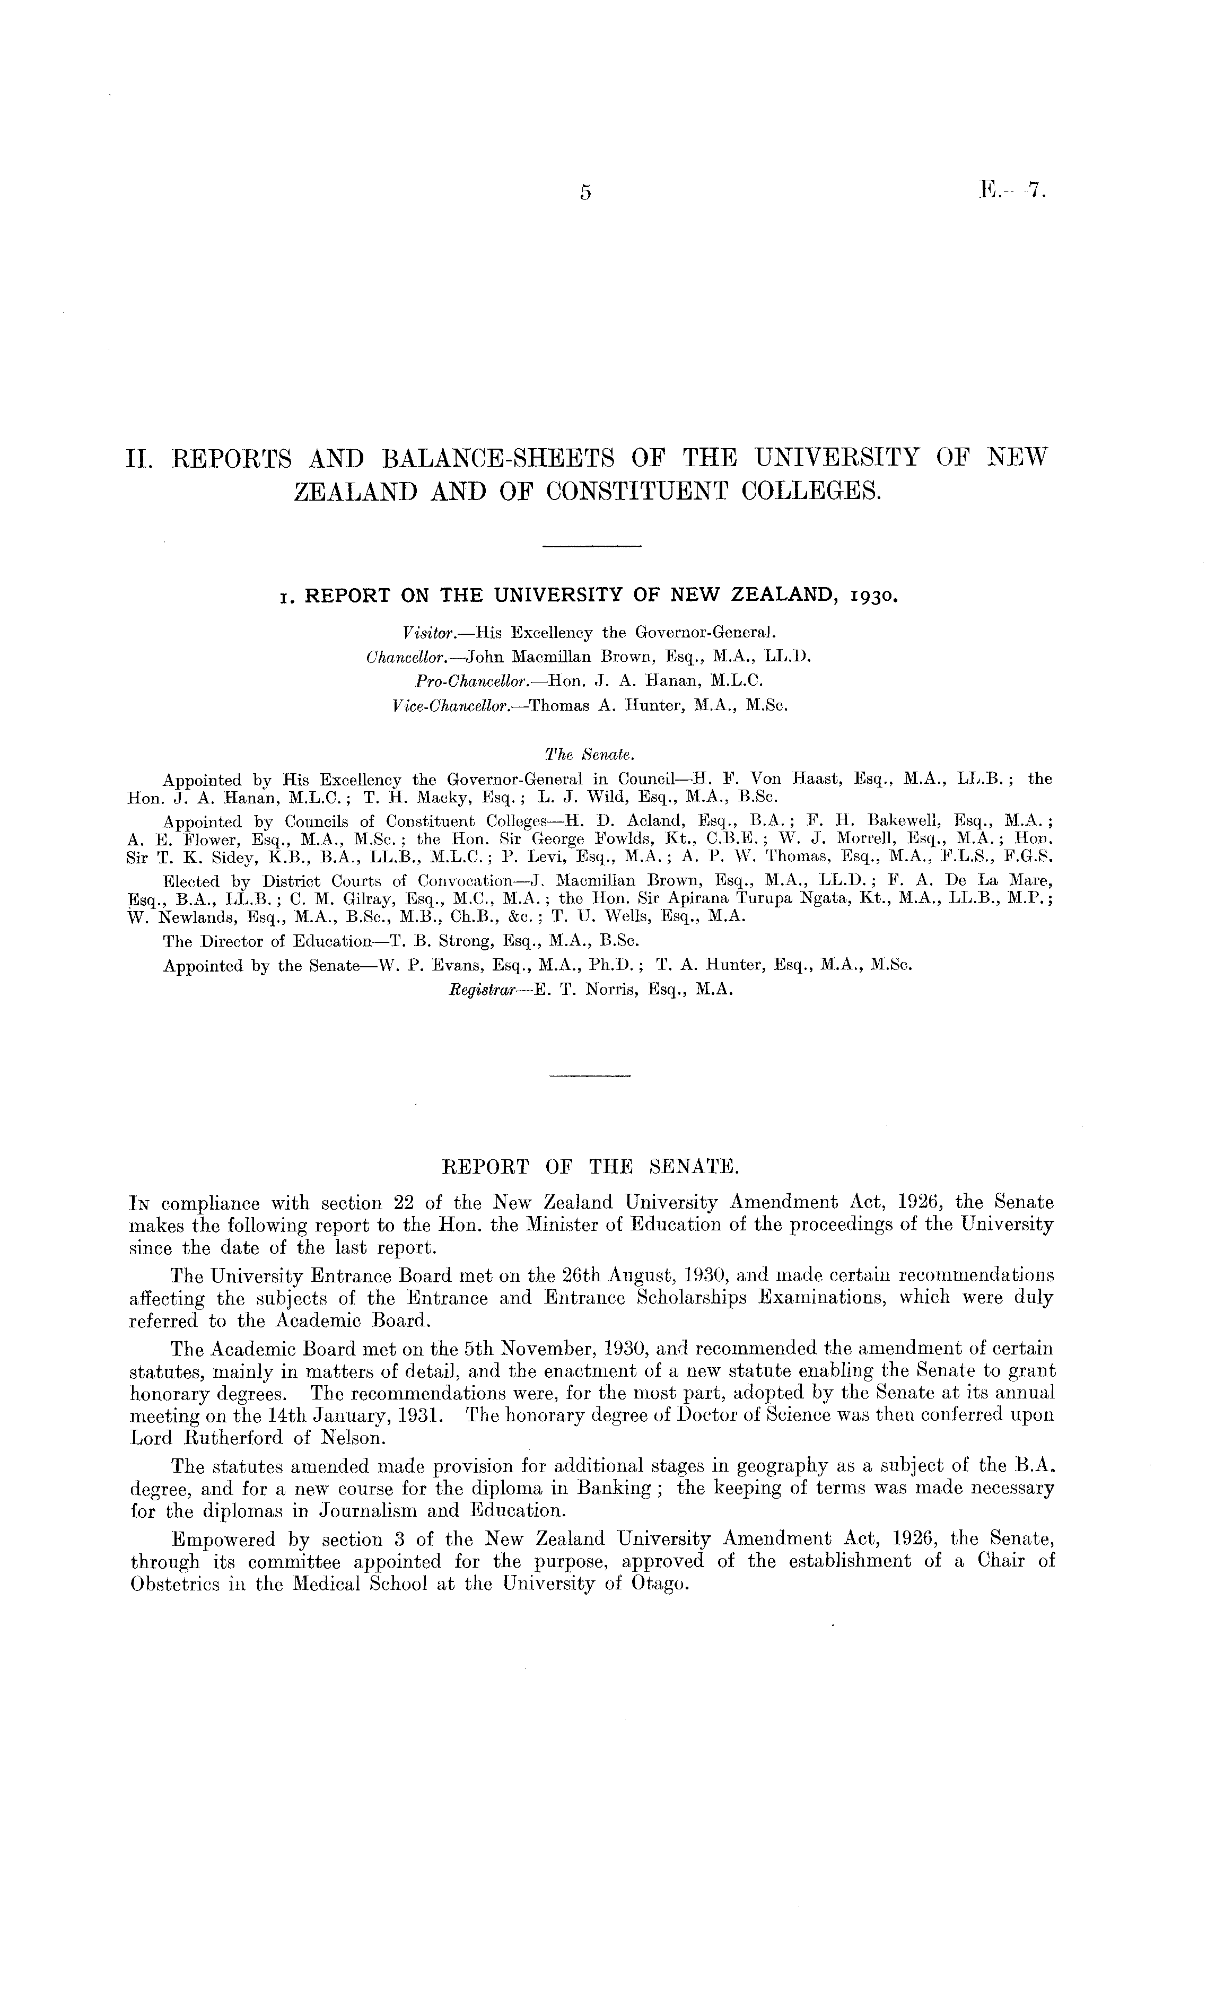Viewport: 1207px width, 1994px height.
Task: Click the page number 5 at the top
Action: (x=585, y=193)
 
